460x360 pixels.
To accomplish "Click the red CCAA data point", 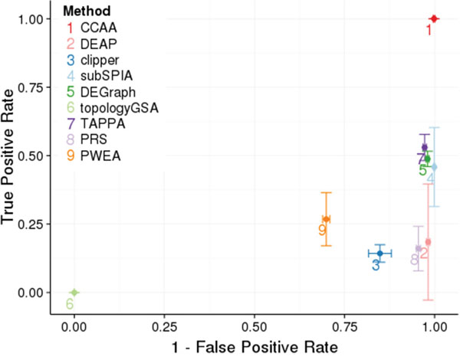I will click(434, 18).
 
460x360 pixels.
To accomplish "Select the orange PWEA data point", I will click(327, 219).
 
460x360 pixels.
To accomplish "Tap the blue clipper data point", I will click(379, 253).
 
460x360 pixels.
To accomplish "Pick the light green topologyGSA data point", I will click(74, 293).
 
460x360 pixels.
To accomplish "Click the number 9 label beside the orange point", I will click(322, 229).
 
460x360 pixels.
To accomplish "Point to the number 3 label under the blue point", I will click(376, 265).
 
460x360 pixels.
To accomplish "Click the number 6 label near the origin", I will click(69, 304).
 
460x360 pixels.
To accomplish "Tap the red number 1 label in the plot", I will click(429, 31).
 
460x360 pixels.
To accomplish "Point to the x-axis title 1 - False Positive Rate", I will click(254, 345).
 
